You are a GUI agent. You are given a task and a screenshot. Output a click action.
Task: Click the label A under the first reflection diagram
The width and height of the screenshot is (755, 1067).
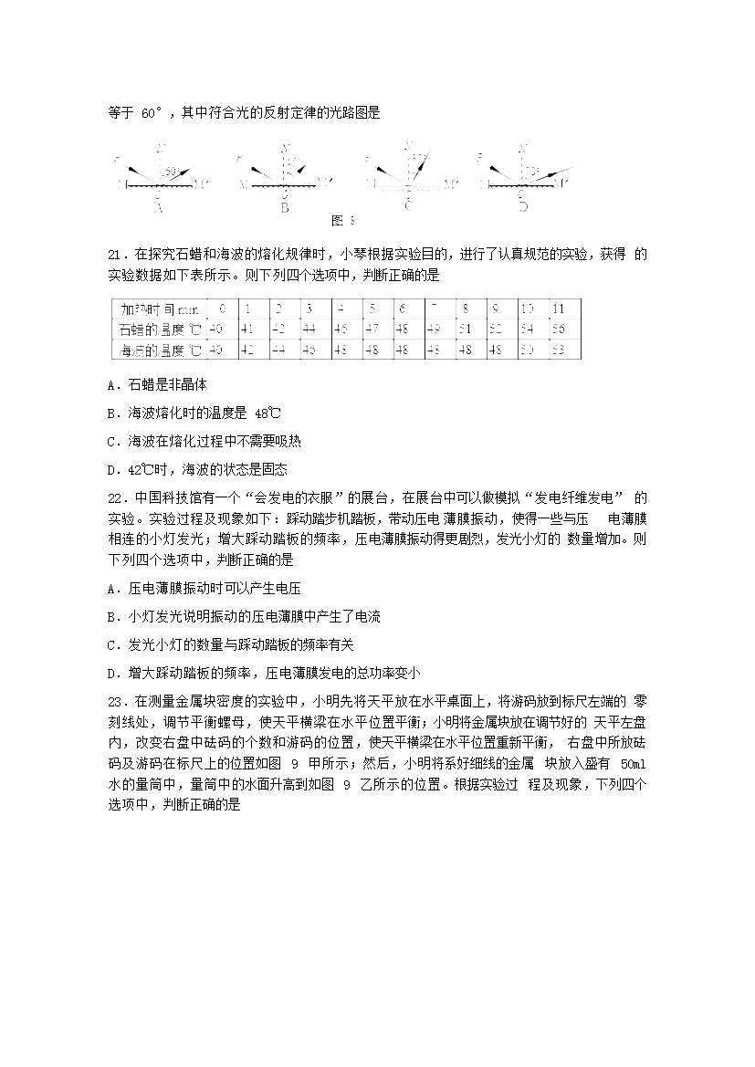tap(160, 207)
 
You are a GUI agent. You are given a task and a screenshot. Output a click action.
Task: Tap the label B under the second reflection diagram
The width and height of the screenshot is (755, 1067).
tap(285, 207)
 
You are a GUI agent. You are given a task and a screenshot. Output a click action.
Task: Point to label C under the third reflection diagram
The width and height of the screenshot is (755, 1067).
tap(408, 207)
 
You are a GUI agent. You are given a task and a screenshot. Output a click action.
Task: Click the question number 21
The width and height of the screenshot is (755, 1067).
tap(115, 253)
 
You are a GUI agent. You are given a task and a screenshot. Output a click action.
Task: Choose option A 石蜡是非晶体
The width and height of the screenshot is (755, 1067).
tap(157, 385)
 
